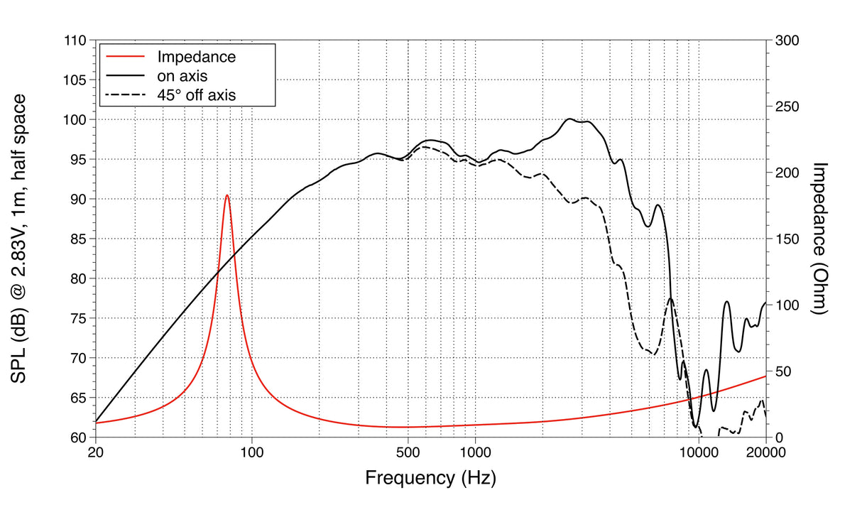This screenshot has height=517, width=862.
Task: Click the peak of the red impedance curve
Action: pyautogui.click(x=227, y=195)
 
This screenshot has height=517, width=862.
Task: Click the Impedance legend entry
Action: pyautogui.click(x=196, y=56)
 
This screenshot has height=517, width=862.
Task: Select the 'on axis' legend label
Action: pyautogui.click(x=182, y=75)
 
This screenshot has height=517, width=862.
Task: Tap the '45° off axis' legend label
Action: pyautogui.click(x=196, y=93)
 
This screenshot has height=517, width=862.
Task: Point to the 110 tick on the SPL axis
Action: pyautogui.click(x=75, y=41)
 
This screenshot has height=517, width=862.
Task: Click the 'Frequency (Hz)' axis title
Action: pyautogui.click(x=430, y=477)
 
